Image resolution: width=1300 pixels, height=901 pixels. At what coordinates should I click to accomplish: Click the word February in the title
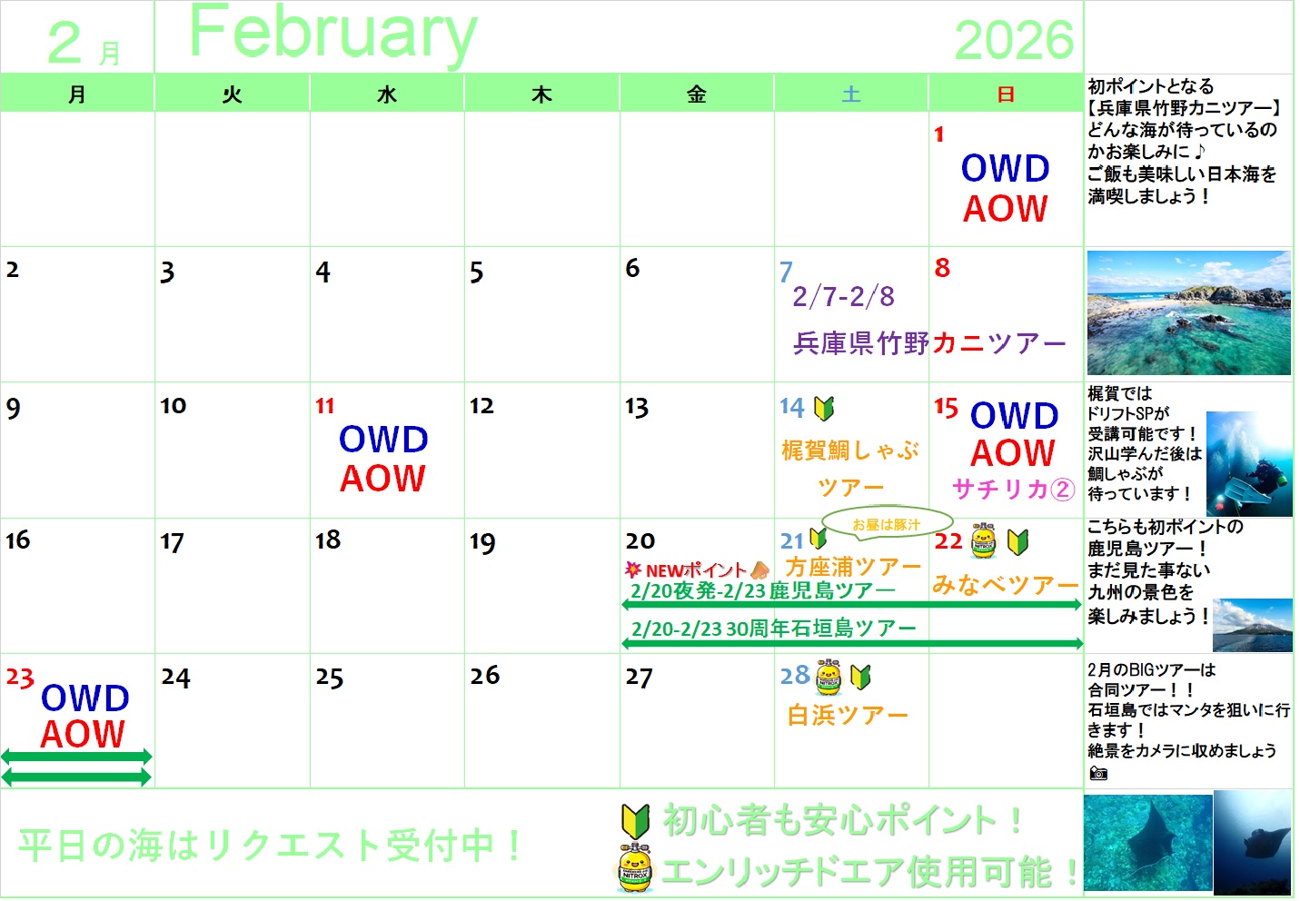tap(333, 34)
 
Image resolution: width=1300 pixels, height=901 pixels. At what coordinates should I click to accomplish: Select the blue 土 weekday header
tap(851, 94)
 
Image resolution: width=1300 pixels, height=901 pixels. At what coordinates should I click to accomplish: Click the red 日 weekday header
tap(1005, 94)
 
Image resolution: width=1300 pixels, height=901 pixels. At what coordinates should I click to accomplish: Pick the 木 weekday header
tap(541, 94)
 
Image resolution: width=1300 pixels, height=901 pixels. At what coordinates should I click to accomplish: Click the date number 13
tap(637, 407)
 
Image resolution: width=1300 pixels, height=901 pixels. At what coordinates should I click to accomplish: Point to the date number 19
tap(482, 542)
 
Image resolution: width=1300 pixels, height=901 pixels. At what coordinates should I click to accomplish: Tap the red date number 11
tap(324, 405)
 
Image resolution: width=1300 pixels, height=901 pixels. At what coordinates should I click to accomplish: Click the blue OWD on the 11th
tap(383, 440)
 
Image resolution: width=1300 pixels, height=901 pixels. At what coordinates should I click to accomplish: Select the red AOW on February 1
tap(1005, 208)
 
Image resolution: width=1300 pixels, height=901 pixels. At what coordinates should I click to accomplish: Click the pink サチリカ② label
tap(1013, 489)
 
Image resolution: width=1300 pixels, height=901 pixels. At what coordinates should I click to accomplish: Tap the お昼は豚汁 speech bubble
tap(887, 524)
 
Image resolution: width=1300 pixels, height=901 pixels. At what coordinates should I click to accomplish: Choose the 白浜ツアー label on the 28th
tap(848, 715)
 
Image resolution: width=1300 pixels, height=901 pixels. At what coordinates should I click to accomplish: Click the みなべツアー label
tap(1005, 584)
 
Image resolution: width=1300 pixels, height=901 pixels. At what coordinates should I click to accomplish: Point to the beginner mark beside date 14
tap(824, 408)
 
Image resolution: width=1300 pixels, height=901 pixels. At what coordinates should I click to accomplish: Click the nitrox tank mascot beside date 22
tap(983, 540)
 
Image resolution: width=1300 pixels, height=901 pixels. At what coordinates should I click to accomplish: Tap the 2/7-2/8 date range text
tap(843, 296)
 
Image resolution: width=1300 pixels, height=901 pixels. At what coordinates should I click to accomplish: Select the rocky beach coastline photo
tap(1188, 312)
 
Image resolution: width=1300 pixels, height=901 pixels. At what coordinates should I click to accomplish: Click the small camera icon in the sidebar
tap(1098, 773)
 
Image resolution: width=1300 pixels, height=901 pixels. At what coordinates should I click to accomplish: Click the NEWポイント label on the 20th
tap(696, 569)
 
